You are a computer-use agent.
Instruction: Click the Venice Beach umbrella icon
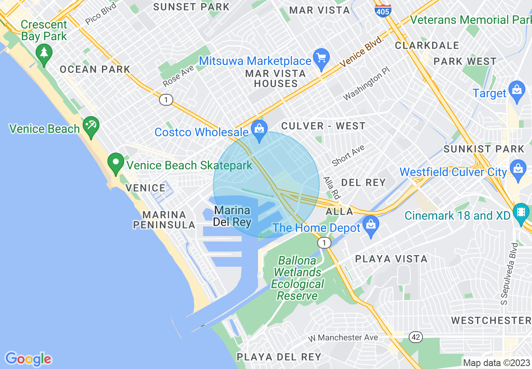tap(91, 125)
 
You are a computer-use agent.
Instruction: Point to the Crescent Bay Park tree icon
tap(44, 53)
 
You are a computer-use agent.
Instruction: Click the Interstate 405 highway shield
tap(383, 10)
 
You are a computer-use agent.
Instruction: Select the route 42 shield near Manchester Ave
tap(416, 337)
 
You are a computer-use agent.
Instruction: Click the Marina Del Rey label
tap(232, 216)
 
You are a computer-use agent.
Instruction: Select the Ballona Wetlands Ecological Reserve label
tap(297, 278)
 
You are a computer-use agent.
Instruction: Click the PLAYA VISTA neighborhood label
tap(391, 259)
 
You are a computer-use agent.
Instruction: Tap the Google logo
tap(28, 359)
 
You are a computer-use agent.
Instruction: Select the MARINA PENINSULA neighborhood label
tap(164, 220)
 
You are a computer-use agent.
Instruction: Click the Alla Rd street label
tap(331, 187)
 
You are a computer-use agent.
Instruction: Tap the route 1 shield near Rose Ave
tap(166, 100)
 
